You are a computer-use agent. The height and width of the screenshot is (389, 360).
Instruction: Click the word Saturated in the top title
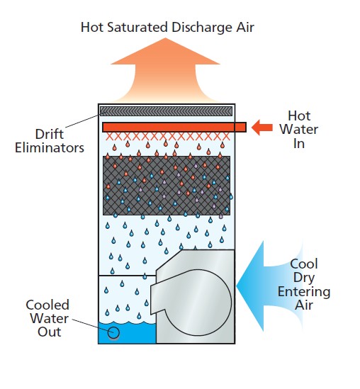click(137, 27)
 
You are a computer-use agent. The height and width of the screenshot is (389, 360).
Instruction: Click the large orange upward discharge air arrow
click(166, 71)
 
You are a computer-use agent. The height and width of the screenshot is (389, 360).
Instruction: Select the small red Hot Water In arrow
click(261, 128)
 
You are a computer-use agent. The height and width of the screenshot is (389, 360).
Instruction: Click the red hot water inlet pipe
click(174, 128)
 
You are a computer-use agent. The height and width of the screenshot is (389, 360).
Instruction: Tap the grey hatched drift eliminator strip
click(167, 111)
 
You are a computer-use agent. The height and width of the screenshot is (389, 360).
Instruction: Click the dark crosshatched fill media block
click(167, 186)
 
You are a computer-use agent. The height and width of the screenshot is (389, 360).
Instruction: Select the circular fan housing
click(198, 302)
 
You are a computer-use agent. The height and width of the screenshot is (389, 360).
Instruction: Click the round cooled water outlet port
click(113, 333)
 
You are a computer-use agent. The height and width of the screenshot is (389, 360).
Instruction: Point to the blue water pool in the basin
click(127, 333)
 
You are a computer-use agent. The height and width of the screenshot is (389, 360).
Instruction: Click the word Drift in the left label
click(50, 134)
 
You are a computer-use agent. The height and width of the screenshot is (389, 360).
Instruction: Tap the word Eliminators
click(50, 147)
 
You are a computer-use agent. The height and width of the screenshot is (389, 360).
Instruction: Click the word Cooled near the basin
click(47, 305)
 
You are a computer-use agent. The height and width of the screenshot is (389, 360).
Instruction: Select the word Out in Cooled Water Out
click(50, 332)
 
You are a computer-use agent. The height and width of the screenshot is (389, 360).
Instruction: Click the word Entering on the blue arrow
click(304, 292)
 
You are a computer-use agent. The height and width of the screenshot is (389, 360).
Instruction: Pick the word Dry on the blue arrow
click(304, 278)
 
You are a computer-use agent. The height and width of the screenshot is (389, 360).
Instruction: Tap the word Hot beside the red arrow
click(299, 116)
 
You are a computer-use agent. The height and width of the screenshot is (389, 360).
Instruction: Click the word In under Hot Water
click(299, 143)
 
